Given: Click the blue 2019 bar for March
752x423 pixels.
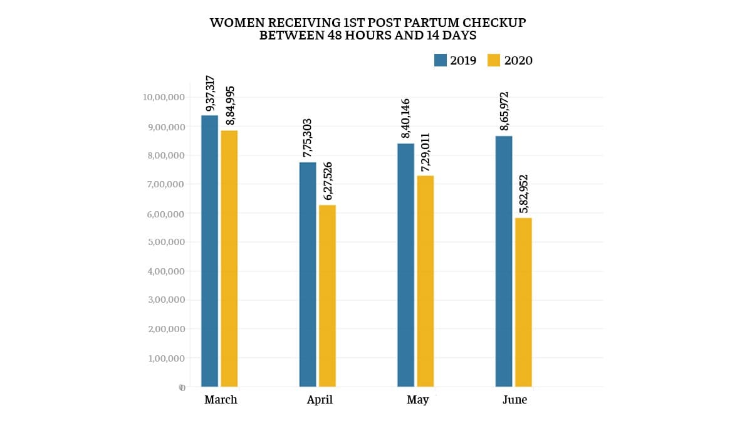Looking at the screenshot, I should (209, 251).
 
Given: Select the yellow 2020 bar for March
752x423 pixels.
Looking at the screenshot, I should (229, 258).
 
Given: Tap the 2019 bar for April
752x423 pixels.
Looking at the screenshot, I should (308, 274).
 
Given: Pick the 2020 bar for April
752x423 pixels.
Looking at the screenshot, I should (327, 296).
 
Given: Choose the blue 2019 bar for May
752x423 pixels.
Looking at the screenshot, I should (405, 265).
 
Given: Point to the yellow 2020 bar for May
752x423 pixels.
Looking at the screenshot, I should (425, 281).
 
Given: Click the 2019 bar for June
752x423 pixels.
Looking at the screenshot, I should (504, 261).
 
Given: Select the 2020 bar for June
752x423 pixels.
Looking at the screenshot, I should (523, 302).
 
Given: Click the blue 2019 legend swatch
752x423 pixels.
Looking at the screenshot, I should (440, 60).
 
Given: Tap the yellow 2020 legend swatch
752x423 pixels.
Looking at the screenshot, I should (494, 60).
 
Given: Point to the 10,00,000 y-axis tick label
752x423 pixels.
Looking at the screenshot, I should (163, 97).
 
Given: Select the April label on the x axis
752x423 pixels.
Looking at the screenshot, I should (320, 400).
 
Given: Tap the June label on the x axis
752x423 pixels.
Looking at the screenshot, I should (514, 400).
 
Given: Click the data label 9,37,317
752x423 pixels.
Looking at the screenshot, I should (211, 93).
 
